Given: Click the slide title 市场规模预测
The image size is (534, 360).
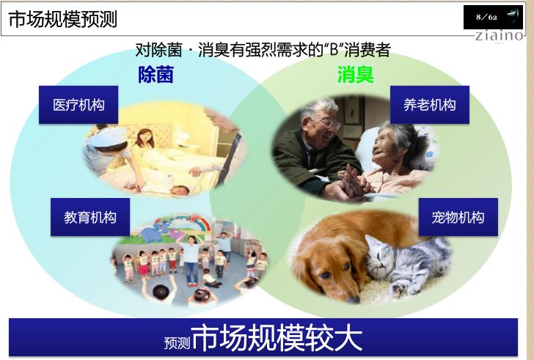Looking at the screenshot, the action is (62, 19).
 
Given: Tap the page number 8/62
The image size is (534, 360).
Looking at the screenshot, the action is (486, 17).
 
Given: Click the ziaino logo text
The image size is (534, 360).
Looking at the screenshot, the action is (499, 35).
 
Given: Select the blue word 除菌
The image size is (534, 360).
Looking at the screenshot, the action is (156, 74).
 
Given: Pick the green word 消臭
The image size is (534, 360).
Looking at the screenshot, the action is (355, 74).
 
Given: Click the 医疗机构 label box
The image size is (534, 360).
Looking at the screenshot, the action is (78, 105).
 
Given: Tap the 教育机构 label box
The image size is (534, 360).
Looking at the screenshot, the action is (90, 217).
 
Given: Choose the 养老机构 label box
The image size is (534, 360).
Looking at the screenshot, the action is (429, 105).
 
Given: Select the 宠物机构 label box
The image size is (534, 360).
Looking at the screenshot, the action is (458, 217).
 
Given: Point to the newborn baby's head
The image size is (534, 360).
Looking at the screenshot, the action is (180, 191).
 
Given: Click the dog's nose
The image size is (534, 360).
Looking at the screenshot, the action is (353, 299).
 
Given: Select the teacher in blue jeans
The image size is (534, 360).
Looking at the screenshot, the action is (191, 260).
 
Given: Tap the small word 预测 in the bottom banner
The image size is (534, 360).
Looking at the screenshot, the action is (177, 343).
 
